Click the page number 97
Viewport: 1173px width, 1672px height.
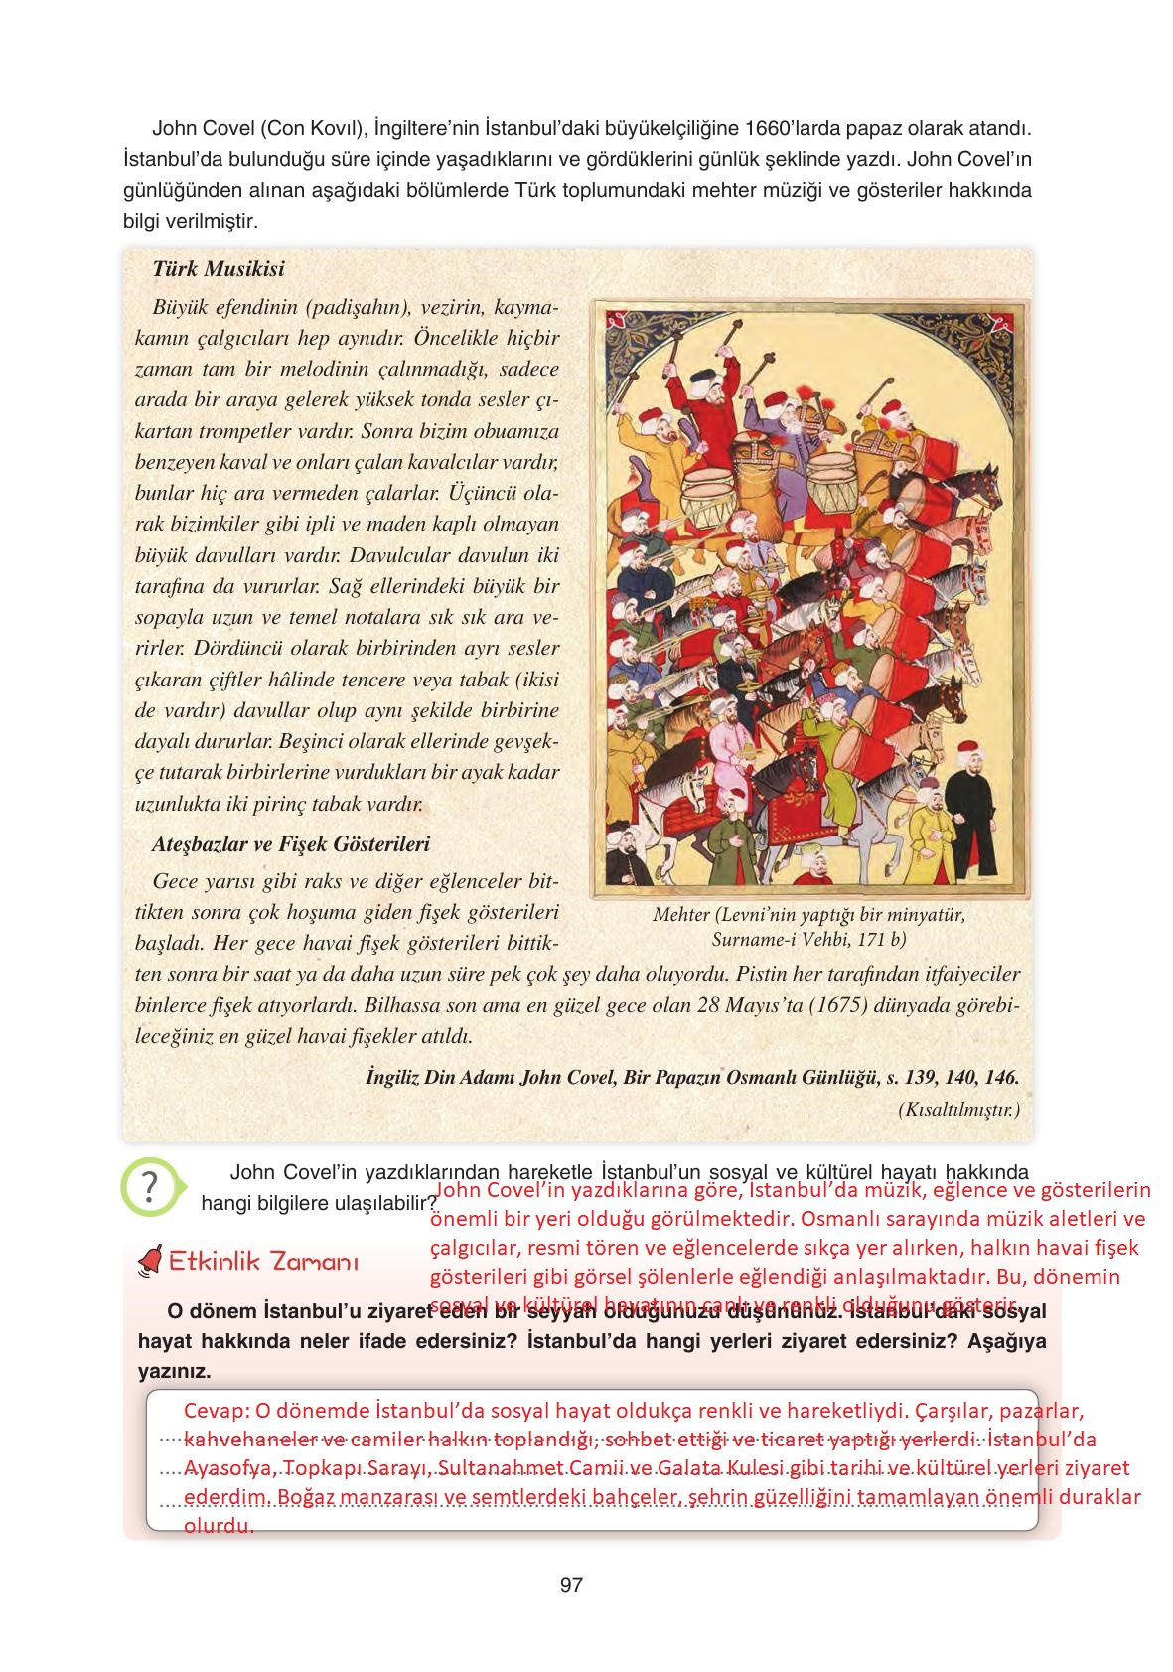click(x=570, y=1584)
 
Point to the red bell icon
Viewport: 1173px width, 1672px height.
click(x=151, y=1263)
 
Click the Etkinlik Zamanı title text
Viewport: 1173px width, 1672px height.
click(x=263, y=1263)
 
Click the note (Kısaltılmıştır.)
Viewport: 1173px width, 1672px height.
click(x=958, y=1108)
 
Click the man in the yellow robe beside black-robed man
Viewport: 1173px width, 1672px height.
click(x=926, y=825)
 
